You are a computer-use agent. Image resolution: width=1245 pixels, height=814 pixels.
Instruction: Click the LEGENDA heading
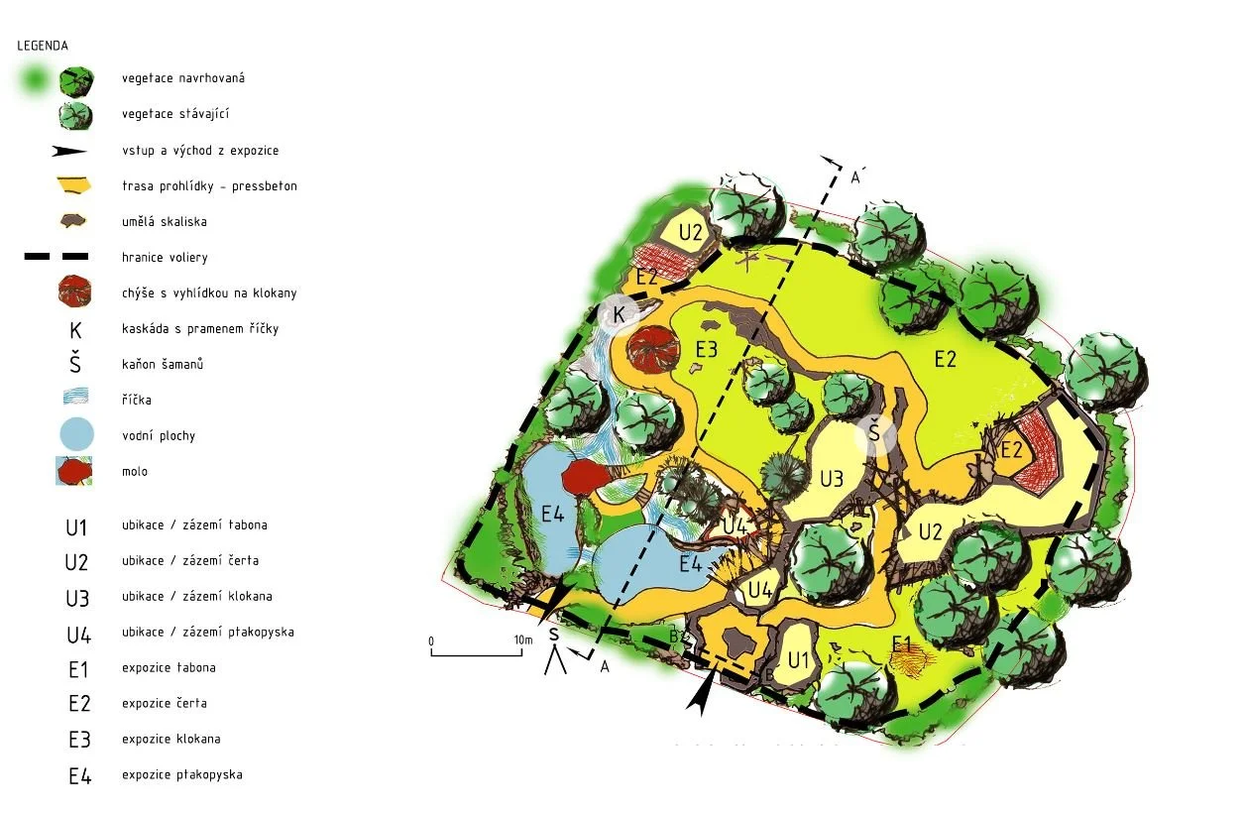(x=43, y=46)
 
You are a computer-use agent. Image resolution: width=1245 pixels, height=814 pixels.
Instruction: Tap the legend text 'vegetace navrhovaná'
(x=184, y=78)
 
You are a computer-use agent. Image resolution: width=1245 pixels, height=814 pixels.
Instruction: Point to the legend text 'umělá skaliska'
(x=164, y=222)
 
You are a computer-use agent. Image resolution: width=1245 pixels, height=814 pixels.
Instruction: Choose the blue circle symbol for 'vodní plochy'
(x=76, y=435)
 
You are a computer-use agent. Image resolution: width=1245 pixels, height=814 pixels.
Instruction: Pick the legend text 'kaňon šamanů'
(x=163, y=365)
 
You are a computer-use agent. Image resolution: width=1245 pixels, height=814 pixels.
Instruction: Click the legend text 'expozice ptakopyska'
(x=181, y=775)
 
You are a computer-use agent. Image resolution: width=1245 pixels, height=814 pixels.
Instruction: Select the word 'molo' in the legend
(x=135, y=472)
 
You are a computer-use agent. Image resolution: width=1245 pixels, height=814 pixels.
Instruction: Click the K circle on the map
(x=619, y=314)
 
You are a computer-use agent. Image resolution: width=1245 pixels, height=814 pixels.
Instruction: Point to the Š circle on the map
(x=873, y=434)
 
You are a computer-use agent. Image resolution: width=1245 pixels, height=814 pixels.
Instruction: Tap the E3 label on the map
(x=707, y=348)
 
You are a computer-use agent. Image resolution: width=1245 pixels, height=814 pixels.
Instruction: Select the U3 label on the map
(x=831, y=479)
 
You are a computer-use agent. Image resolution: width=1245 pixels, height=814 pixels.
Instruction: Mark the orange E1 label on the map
(x=900, y=644)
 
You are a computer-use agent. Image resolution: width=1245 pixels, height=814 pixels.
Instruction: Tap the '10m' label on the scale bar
(x=522, y=640)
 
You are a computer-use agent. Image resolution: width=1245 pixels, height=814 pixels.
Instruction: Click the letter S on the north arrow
(x=554, y=635)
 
